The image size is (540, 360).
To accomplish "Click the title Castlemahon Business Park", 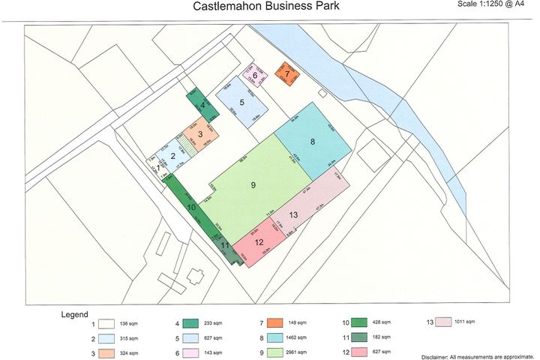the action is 266,7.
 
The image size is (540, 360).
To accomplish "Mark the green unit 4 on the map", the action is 202,106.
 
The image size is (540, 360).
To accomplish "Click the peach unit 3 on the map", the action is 200,134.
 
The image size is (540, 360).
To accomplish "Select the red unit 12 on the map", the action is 259,242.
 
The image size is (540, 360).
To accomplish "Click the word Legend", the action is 75,314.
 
